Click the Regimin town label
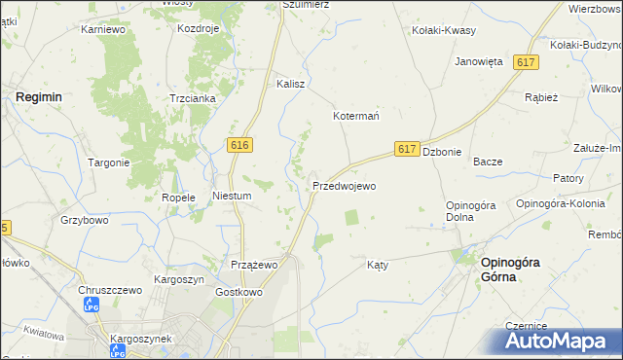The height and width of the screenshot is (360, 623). point(39,97)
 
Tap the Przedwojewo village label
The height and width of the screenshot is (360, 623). point(344,185)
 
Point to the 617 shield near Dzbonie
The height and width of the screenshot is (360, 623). point(408,149)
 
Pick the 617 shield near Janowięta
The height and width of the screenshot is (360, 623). point(527,62)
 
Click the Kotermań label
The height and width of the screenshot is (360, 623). point(356,115)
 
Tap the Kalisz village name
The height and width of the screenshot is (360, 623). point(291,84)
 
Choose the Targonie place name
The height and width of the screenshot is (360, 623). point(109,162)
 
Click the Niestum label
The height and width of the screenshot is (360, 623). point(233,196)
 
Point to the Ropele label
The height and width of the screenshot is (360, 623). point(179,198)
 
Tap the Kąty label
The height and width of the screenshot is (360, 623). point(378,265)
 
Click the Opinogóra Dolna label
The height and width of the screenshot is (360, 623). point(472,211)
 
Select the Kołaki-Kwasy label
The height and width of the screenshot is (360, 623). point(444,30)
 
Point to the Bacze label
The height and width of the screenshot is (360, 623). point(487,162)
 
